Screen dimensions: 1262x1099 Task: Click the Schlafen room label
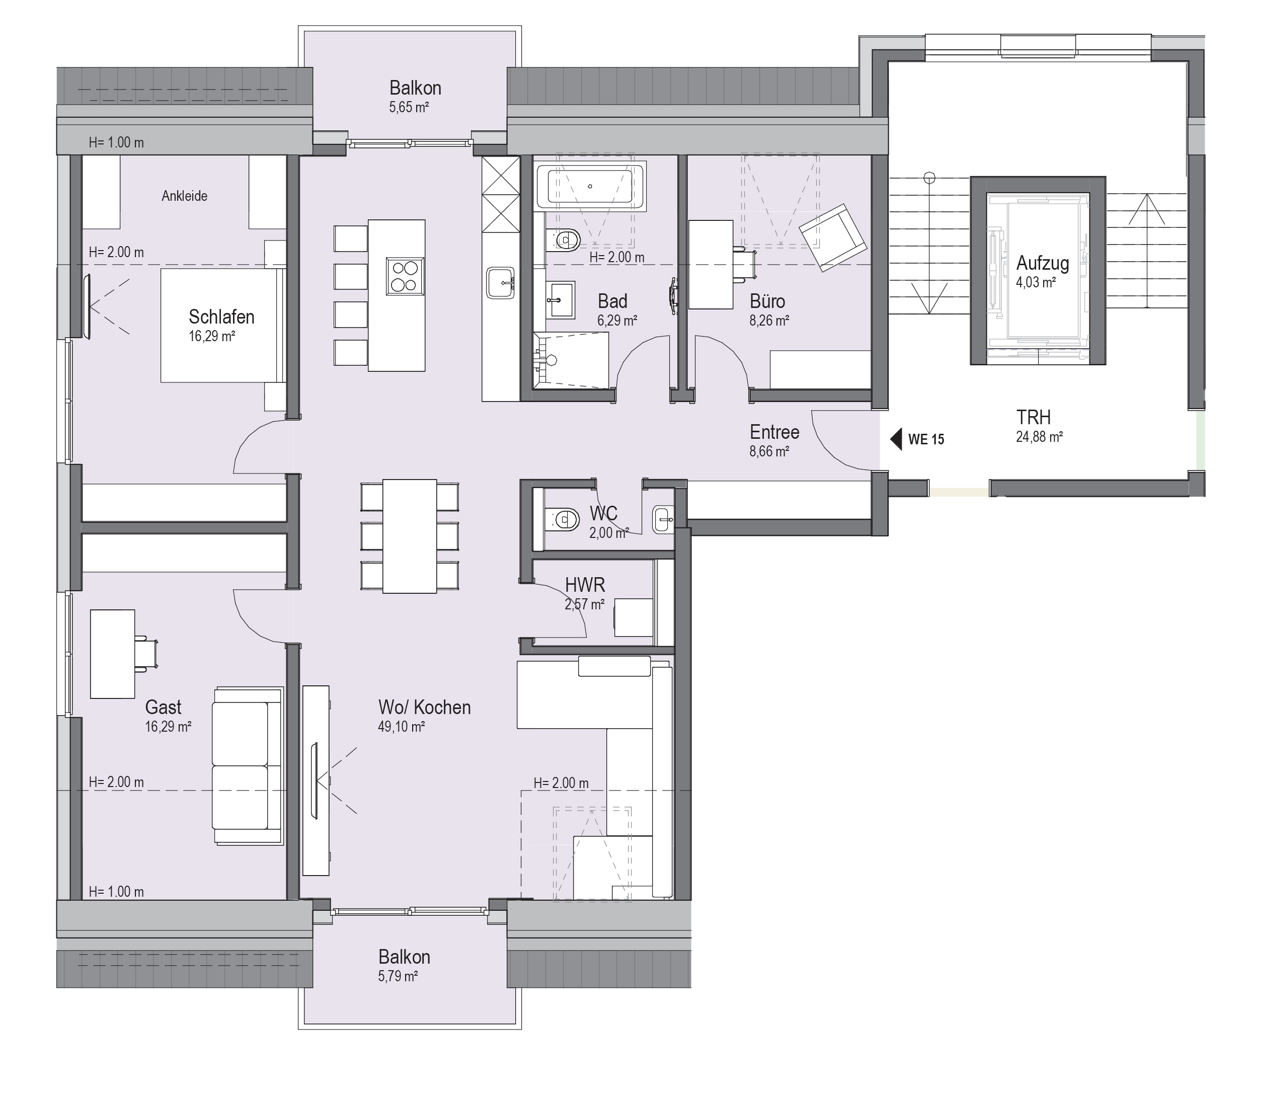(x=221, y=317)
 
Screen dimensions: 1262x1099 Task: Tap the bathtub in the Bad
(x=589, y=186)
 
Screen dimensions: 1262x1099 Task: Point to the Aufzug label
(x=1043, y=263)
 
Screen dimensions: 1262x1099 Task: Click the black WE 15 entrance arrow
(x=896, y=439)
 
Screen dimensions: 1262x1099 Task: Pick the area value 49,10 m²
(x=402, y=727)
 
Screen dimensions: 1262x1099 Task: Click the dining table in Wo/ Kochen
(x=410, y=536)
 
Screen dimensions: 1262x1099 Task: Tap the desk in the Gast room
(x=113, y=654)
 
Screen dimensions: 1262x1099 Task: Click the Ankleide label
(x=185, y=196)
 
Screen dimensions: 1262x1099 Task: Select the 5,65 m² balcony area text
(x=409, y=107)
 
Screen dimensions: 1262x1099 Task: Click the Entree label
(x=774, y=432)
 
